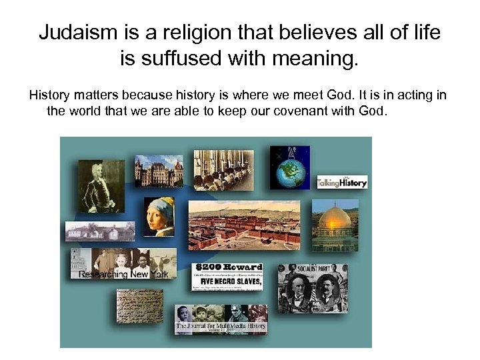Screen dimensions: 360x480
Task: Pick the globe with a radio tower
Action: (x=289, y=167)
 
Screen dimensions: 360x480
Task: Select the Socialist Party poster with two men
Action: (x=312, y=287)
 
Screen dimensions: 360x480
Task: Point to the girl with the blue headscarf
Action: (x=159, y=216)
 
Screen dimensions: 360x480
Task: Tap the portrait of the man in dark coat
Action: (x=101, y=187)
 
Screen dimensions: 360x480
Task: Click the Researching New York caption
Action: (x=124, y=274)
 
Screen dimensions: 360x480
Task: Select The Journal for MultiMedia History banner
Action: (x=221, y=326)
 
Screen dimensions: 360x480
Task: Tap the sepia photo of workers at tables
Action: (x=223, y=168)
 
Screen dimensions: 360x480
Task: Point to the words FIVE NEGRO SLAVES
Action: (x=227, y=280)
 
